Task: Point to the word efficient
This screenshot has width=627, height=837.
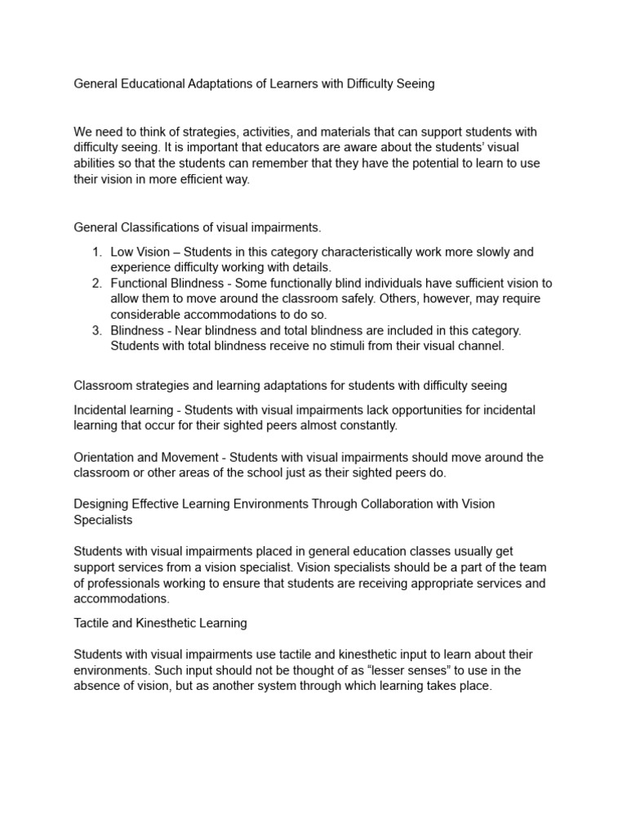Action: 217,178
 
